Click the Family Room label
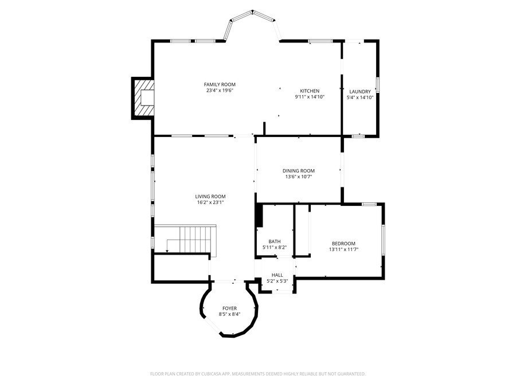(220, 84)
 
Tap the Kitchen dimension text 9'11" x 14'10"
(310, 97)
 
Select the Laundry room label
(359, 91)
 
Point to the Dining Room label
(298, 170)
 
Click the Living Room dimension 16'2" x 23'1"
(210, 202)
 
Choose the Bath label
(274, 241)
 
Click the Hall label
(277, 275)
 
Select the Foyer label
(229, 308)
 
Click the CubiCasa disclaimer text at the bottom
(257, 374)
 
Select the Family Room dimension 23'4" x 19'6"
(220, 90)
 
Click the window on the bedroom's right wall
(383, 240)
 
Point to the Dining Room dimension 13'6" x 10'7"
(298, 177)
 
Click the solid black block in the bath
(259, 216)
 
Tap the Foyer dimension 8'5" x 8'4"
(229, 314)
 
